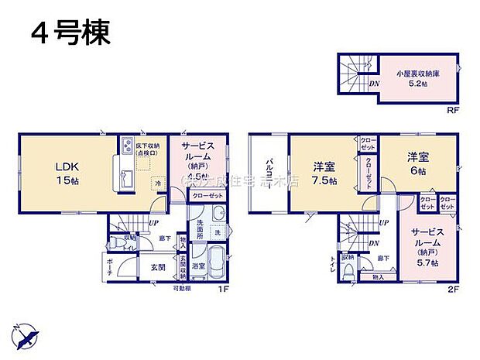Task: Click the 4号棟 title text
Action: click(70, 33)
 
